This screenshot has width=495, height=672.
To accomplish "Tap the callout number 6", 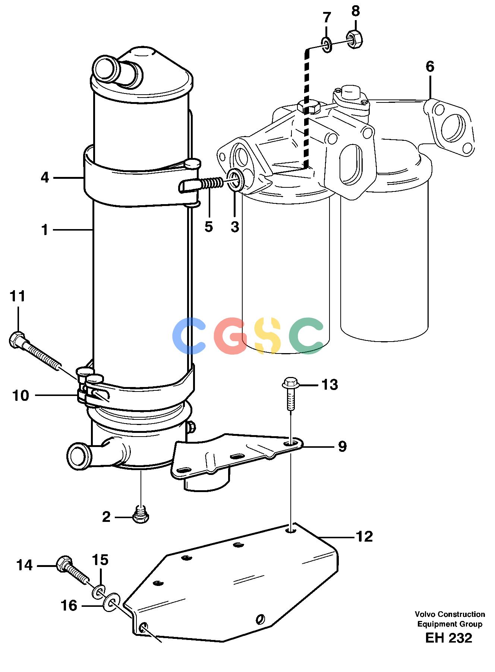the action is click(430, 67).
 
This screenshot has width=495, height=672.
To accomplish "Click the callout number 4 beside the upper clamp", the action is click(45, 178).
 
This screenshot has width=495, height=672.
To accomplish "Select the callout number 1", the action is click(45, 230).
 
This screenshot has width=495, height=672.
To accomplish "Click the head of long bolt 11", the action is click(17, 339).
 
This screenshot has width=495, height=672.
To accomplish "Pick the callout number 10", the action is click(21, 395).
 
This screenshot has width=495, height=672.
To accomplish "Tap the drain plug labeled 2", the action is click(141, 514).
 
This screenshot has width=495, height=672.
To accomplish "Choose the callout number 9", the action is click(342, 446).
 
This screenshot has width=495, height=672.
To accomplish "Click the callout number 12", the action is click(364, 536).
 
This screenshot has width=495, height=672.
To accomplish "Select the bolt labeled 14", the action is click(73, 569).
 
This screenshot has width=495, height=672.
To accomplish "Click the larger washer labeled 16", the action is click(111, 602).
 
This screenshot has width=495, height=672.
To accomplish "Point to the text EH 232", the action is click(448, 638).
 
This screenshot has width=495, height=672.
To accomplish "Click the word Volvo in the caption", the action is click(425, 614).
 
